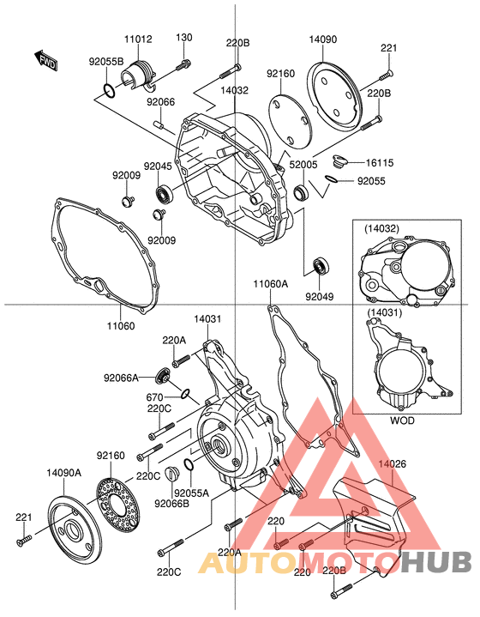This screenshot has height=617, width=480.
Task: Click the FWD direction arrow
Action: pyautogui.click(x=46, y=60)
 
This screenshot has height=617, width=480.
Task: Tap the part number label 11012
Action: pyautogui.click(x=138, y=39)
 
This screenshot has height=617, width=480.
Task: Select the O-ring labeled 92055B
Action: pyautogui.click(x=110, y=90)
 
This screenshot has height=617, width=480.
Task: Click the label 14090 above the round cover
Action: pyautogui.click(x=323, y=39)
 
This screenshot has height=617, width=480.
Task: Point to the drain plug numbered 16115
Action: pyautogui.click(x=339, y=161)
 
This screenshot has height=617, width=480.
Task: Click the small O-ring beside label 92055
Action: pyautogui.click(x=332, y=180)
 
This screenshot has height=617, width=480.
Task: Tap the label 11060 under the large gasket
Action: pyautogui.click(x=121, y=325)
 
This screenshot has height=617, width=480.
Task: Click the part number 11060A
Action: pyautogui.click(x=271, y=283)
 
